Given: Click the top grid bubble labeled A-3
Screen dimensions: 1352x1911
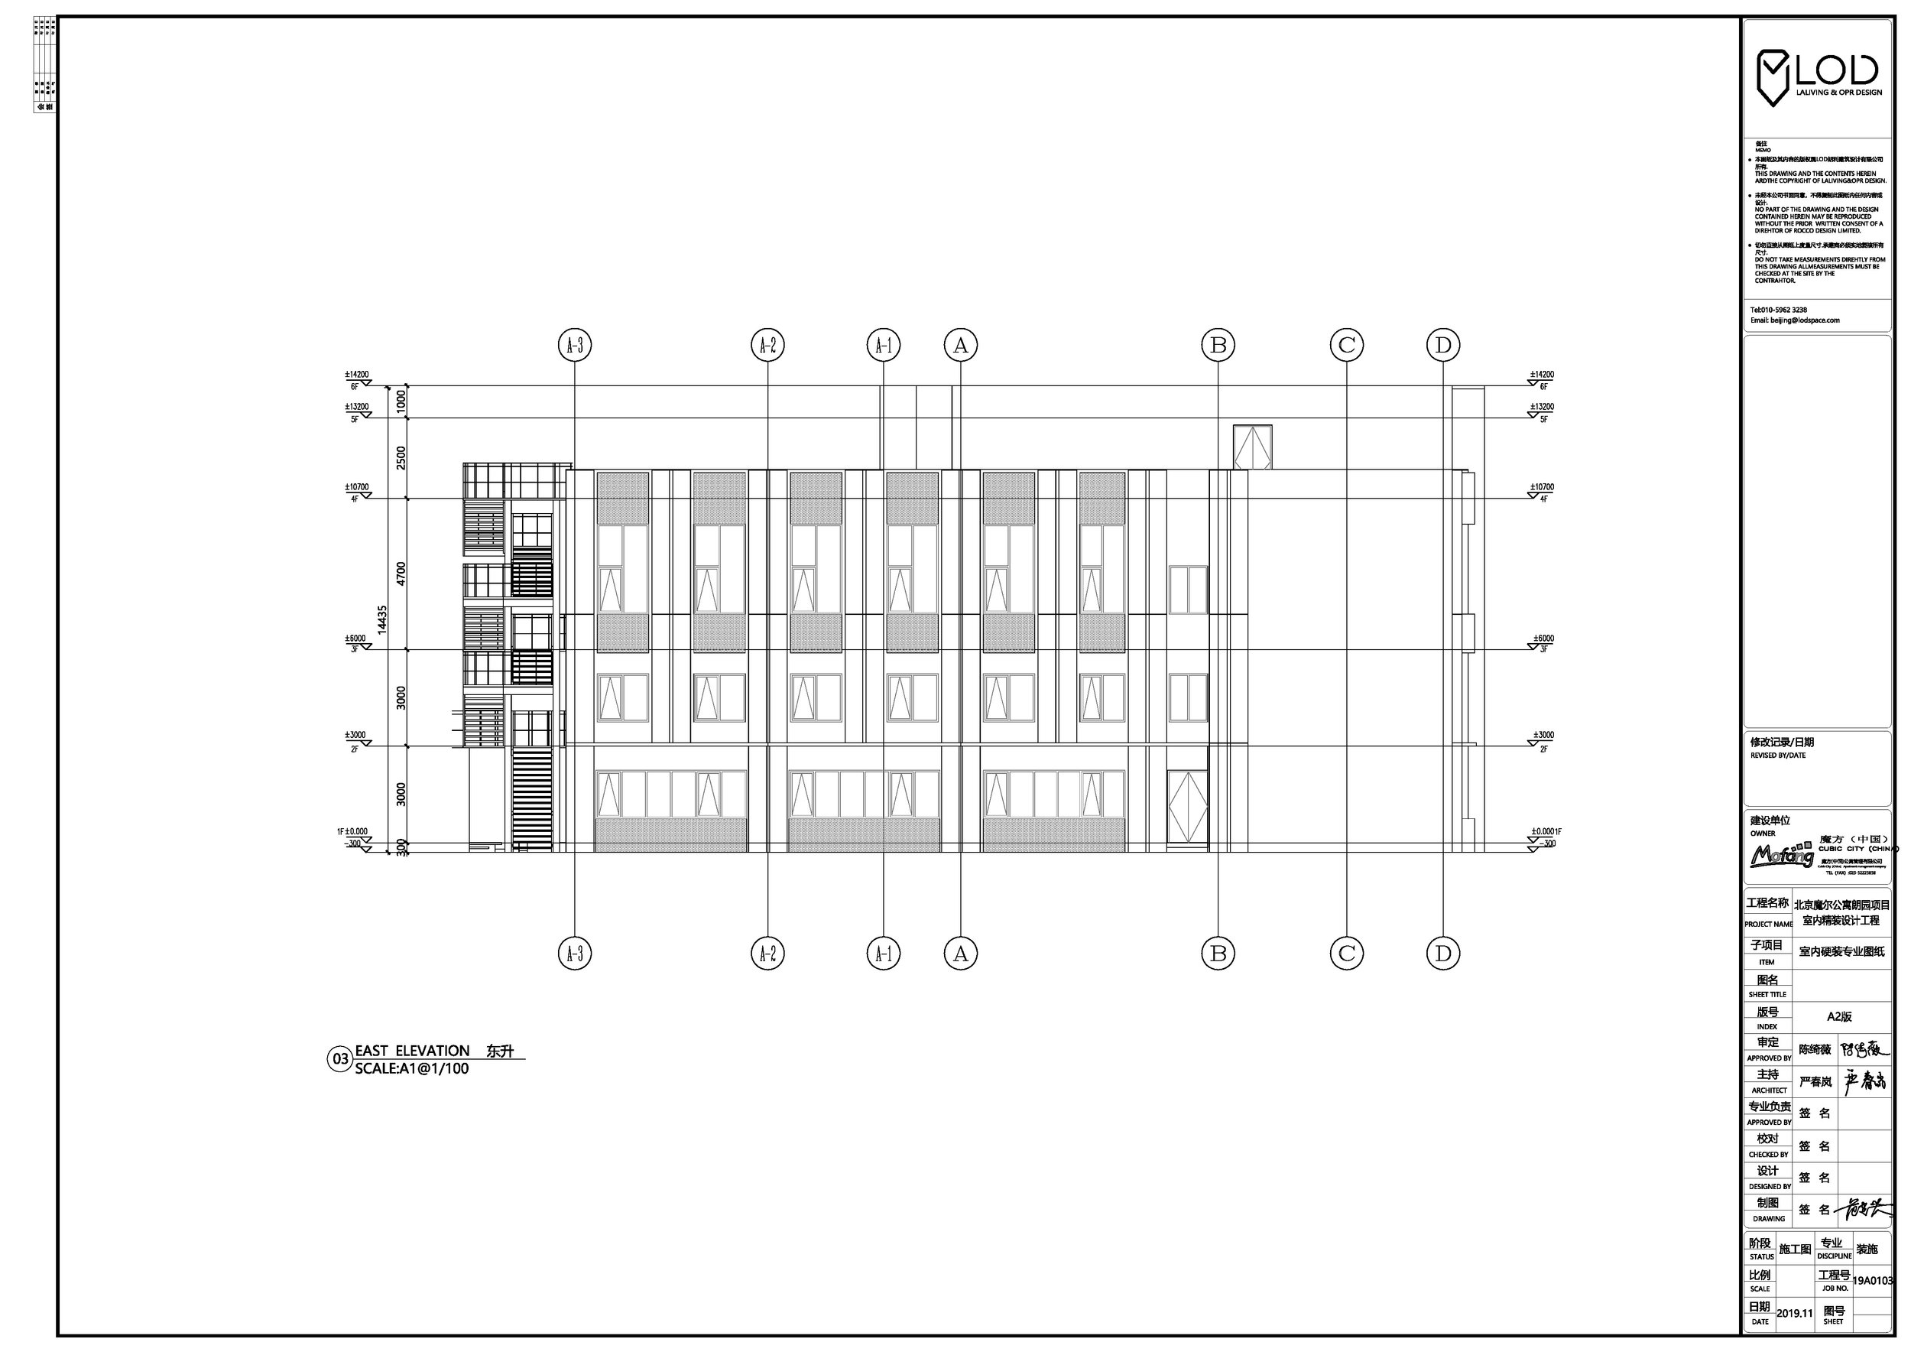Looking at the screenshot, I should tap(574, 345).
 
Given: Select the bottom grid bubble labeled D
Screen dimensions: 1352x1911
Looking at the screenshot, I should tap(1442, 954).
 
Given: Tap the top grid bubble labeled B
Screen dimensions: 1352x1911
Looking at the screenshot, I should tap(1218, 345).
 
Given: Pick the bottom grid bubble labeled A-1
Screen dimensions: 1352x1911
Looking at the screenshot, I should tap(883, 954).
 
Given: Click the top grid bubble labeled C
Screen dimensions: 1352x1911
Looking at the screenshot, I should tap(1347, 345).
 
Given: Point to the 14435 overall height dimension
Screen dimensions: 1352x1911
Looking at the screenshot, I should tap(382, 619).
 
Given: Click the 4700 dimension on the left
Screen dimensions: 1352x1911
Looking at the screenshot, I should tap(401, 574).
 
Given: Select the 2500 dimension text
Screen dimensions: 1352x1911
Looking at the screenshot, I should tap(401, 458).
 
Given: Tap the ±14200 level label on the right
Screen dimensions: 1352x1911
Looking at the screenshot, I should tap(1542, 375).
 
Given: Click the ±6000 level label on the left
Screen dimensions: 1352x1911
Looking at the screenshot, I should tap(355, 639).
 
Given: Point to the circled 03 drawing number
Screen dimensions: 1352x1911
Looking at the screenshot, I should tap(340, 1060).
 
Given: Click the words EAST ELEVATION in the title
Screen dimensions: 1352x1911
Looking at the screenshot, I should tap(412, 1051).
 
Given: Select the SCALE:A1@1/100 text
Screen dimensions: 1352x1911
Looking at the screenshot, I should tap(411, 1069).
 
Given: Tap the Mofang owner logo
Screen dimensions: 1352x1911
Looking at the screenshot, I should tap(1781, 856).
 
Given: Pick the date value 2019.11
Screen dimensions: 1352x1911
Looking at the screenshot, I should tap(1795, 1313).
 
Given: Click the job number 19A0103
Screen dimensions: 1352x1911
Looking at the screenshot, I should tap(1873, 1281).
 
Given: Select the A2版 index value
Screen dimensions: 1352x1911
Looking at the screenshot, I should tap(1839, 1016).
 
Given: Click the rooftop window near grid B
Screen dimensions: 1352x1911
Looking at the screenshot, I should tap(1253, 448).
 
